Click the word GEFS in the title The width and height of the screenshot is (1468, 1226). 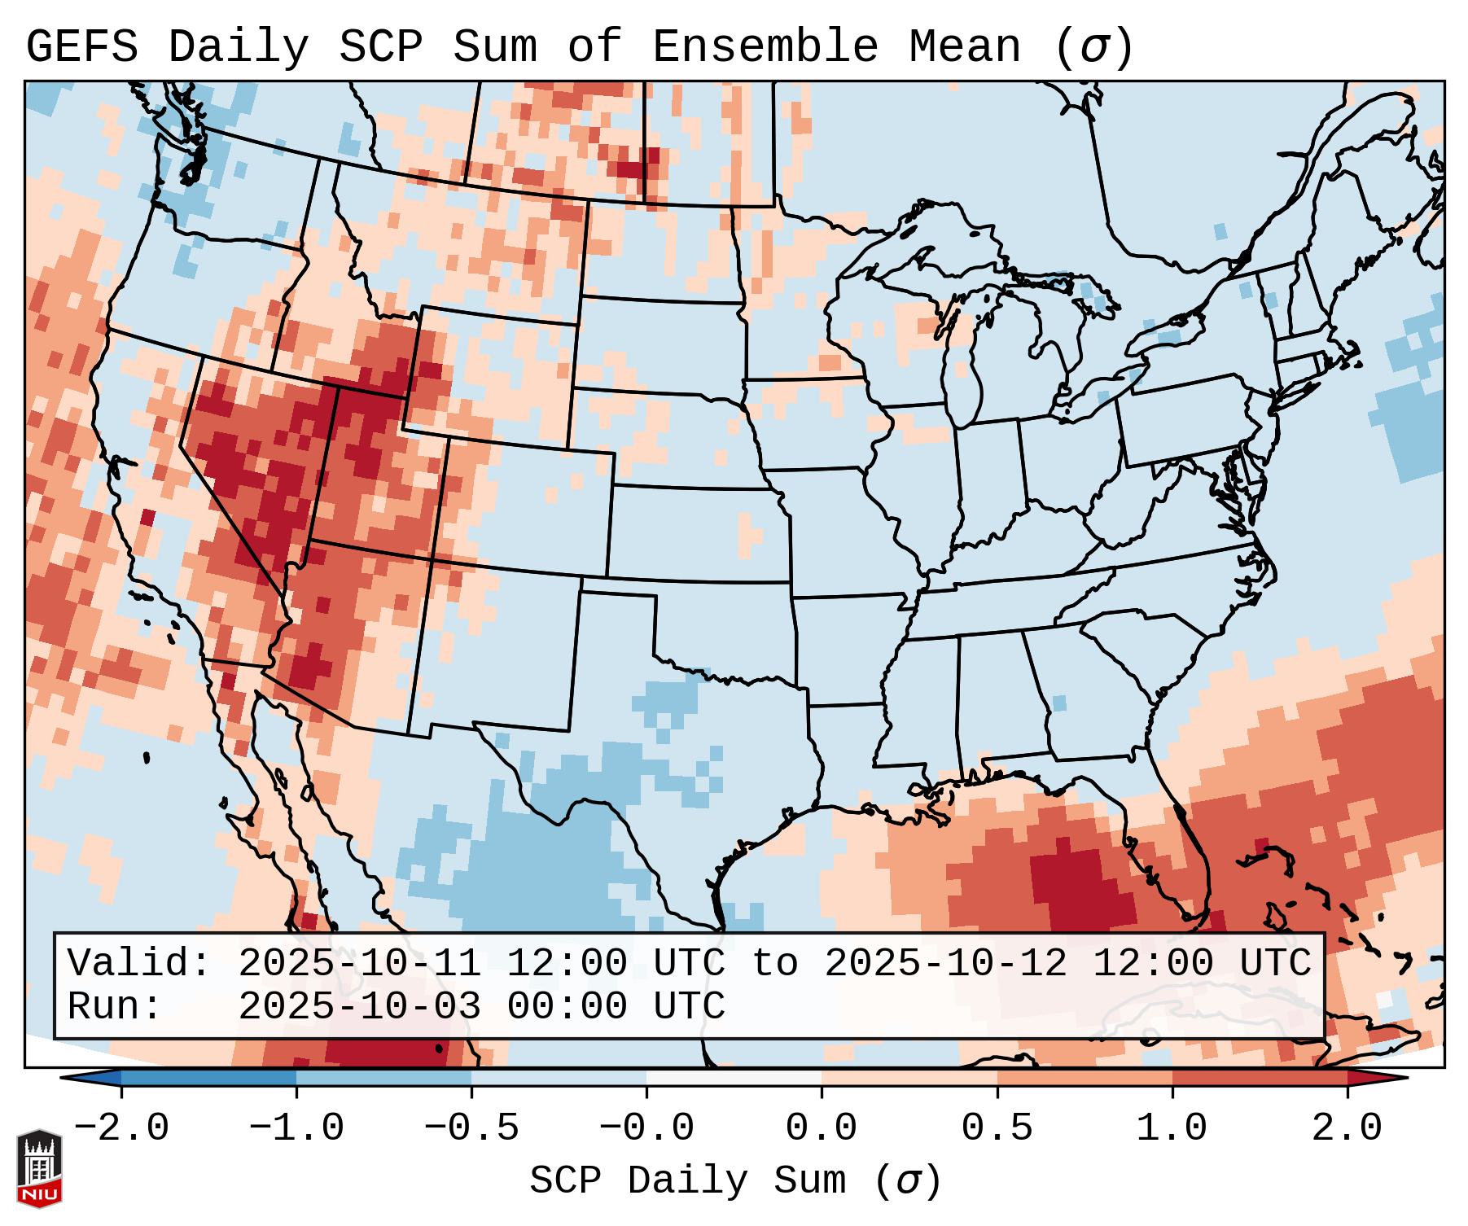coord(82,46)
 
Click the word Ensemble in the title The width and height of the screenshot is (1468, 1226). coord(765,46)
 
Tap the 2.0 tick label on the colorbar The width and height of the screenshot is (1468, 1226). coord(1347,1128)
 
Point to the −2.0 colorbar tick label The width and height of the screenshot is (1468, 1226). coord(121,1128)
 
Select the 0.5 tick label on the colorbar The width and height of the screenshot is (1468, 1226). coord(997,1128)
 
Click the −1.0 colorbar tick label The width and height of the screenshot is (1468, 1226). coord(296,1128)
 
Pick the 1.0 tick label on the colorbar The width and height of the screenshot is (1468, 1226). coord(1172,1128)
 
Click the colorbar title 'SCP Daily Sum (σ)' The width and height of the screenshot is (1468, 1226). coord(735,1181)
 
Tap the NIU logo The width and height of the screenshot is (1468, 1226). coord(38,1167)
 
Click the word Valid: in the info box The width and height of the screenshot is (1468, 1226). coord(139,963)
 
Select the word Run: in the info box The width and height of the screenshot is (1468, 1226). coord(115,1006)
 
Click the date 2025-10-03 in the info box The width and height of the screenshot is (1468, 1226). coord(359,1006)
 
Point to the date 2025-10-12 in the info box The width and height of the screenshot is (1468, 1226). coord(945,963)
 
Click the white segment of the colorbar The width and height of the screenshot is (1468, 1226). coord(734,1078)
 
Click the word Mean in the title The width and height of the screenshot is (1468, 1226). coord(964,46)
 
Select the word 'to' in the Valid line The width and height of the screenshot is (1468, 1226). coord(774,963)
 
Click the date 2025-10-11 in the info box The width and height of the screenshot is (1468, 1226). coord(359,963)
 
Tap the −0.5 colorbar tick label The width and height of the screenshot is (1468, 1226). coord(471,1128)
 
